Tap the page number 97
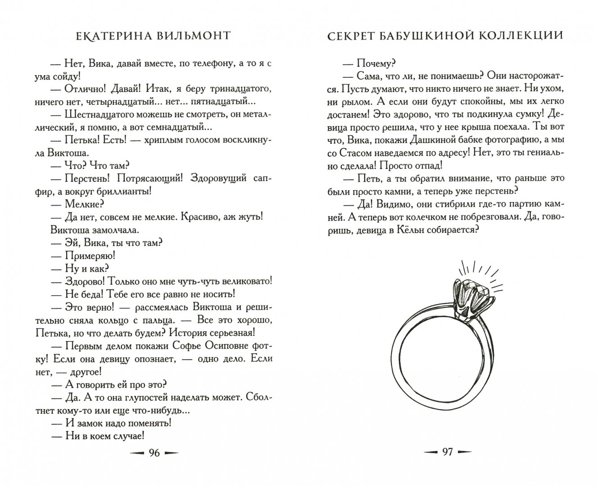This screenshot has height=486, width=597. (x=447, y=452)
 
